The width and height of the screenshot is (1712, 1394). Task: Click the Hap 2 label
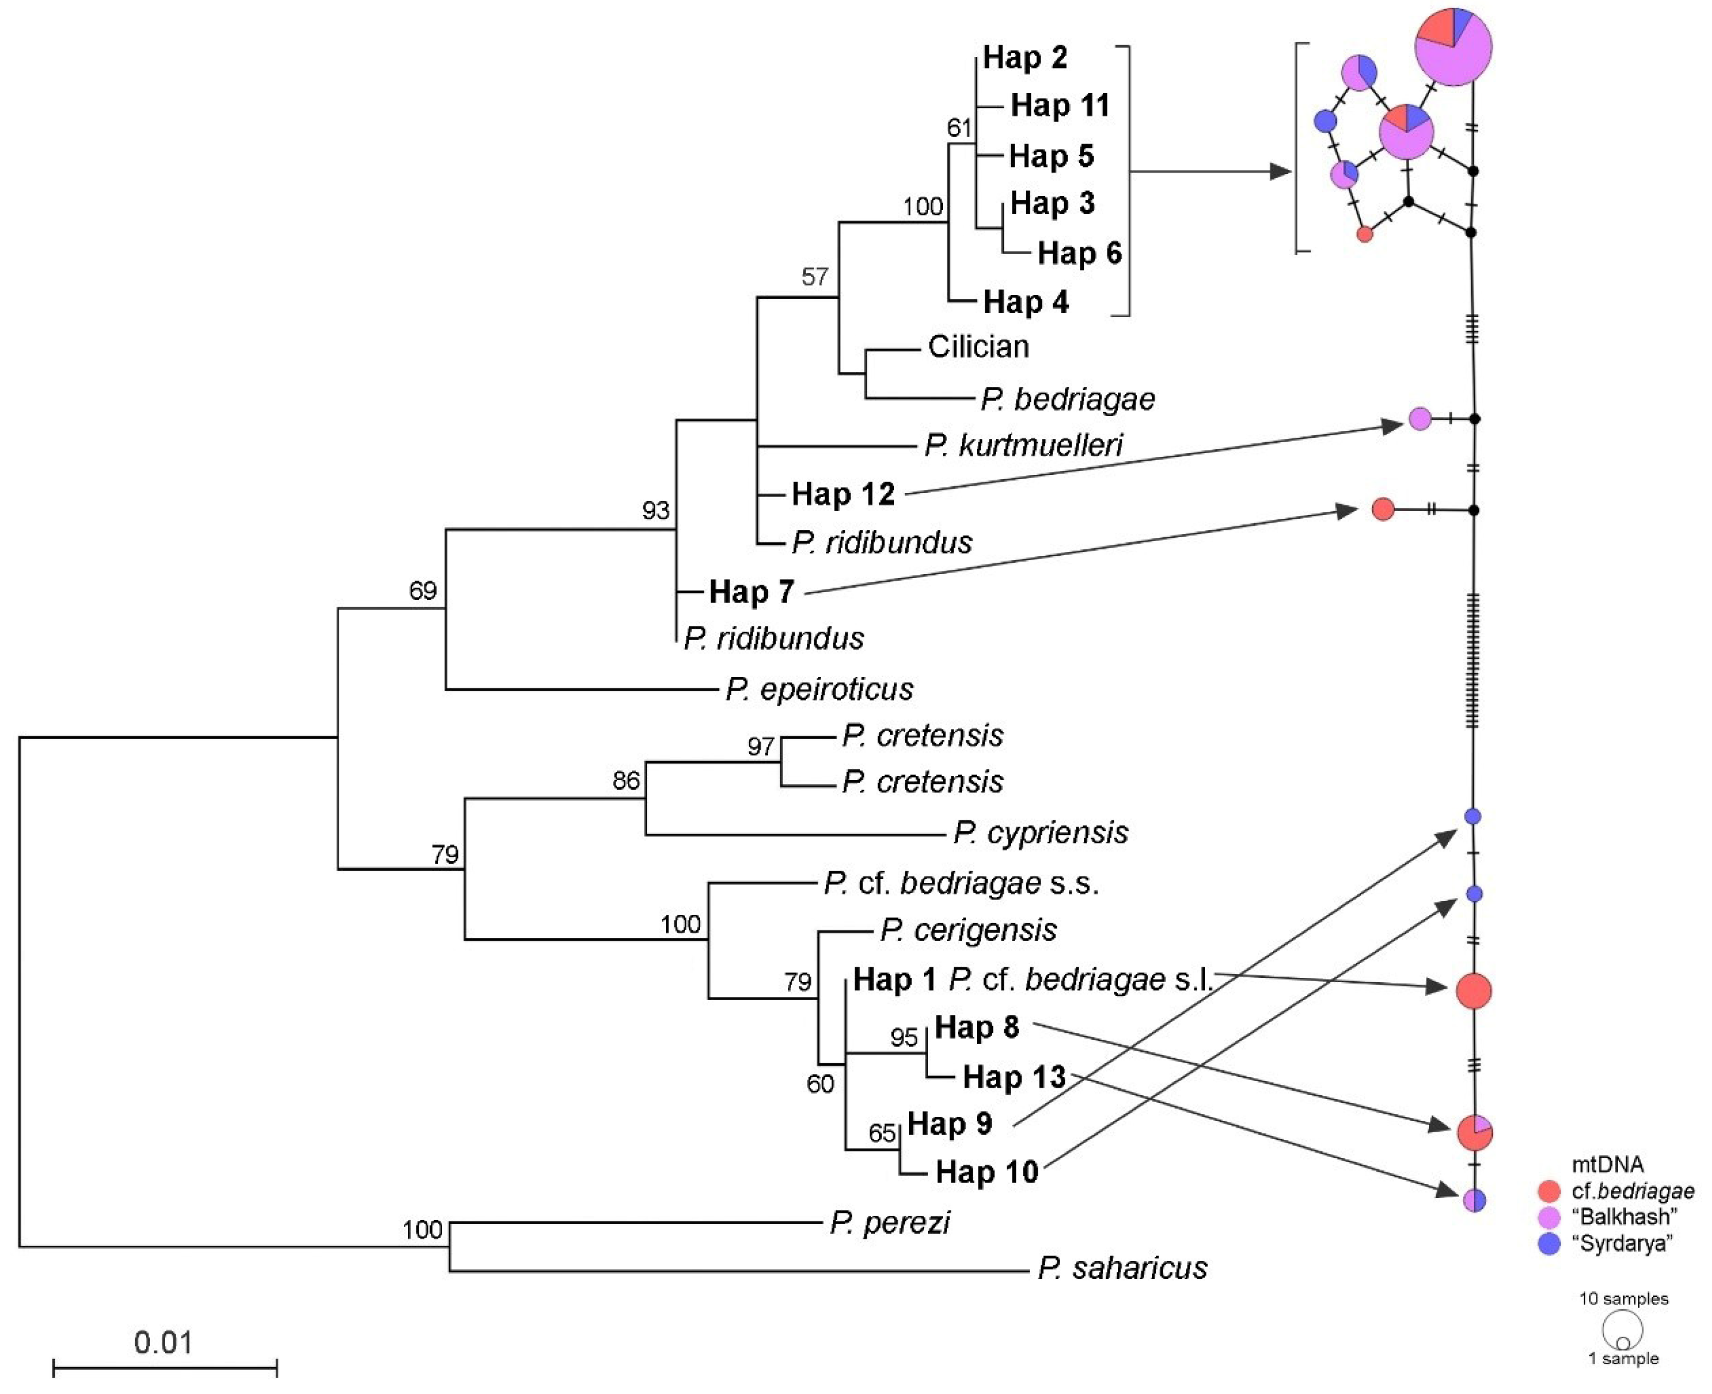point(1025,58)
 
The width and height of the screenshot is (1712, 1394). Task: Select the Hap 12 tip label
point(843,495)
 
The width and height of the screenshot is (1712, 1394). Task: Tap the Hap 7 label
point(751,592)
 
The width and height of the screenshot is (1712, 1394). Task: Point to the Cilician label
point(978,347)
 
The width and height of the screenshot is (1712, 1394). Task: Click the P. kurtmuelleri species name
point(1023,445)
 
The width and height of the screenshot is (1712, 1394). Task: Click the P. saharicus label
point(1122,1269)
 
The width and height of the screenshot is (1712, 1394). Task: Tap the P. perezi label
point(890,1223)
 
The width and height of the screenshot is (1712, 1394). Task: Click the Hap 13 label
point(1014,1078)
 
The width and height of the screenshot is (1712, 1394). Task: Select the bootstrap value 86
point(626,781)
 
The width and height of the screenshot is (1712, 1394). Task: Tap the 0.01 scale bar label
point(164,1343)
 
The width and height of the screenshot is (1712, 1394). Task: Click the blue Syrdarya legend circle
point(1548,1244)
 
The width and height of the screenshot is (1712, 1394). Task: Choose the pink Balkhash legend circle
point(1548,1218)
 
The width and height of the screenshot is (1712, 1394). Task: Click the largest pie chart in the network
point(1453,46)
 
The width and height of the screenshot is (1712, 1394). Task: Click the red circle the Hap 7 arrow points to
point(1382,509)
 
